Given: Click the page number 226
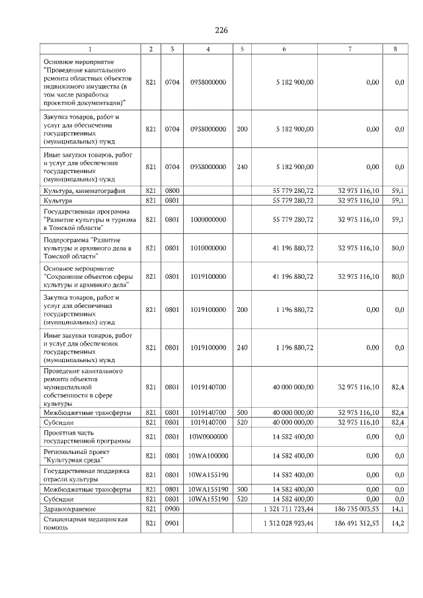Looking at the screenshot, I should [x=221, y=30].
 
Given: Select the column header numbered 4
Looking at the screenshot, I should [x=208, y=50].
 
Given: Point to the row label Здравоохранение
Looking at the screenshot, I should [x=70, y=509].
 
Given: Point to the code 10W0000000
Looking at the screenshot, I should [x=208, y=437].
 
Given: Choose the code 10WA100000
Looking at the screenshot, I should [x=208, y=456].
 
